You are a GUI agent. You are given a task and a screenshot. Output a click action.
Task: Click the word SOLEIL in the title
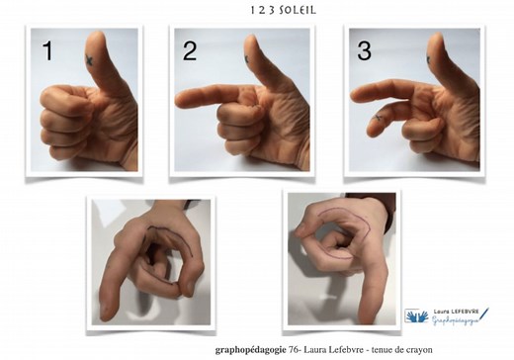298,10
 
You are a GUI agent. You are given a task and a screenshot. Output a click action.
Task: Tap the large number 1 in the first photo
48,50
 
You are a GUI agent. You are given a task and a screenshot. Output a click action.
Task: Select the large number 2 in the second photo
190,51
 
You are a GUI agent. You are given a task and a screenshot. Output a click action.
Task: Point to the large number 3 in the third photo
364,51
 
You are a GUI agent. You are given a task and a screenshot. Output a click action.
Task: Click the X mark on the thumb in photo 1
89,59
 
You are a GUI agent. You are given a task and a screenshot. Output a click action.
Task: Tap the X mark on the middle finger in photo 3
378,118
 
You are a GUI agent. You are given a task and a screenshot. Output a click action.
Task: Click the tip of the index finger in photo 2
178,100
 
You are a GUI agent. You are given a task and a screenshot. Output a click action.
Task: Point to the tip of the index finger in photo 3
354,96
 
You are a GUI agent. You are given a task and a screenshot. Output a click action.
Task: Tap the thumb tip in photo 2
251,39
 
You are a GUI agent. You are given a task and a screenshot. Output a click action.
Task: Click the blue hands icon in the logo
417,315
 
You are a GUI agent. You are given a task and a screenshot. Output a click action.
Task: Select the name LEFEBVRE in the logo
465,312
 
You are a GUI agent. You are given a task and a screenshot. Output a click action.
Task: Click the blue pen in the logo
484,314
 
